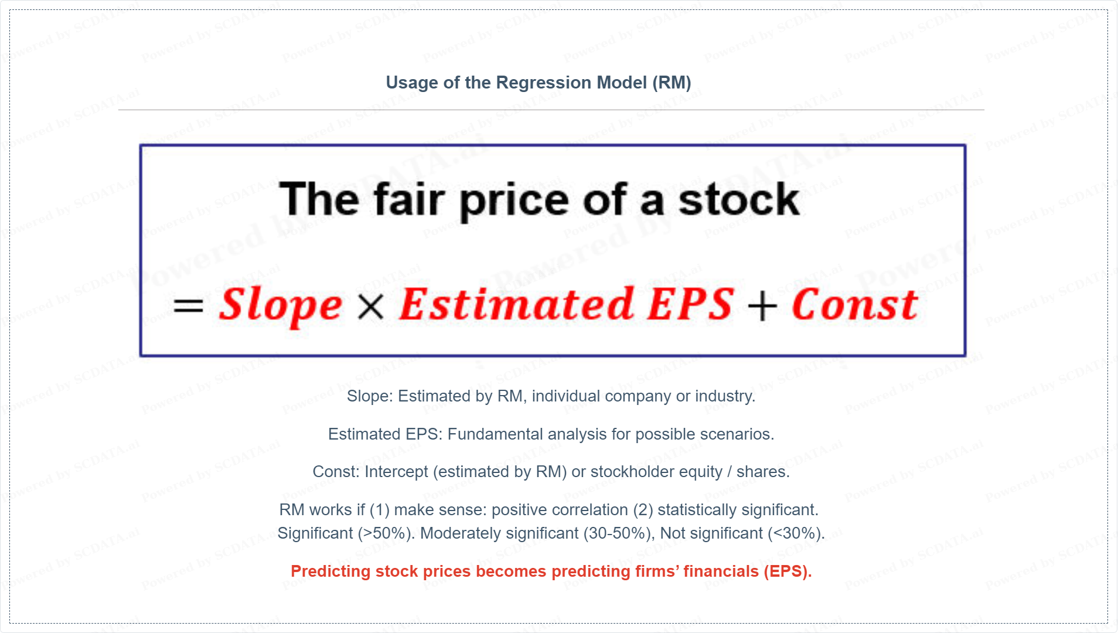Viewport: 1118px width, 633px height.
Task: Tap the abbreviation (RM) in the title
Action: (x=673, y=83)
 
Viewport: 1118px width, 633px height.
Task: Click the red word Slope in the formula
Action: (x=280, y=305)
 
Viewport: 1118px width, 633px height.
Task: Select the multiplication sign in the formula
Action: (x=370, y=307)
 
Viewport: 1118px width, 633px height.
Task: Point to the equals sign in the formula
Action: (x=188, y=305)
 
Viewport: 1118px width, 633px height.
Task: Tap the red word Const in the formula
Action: (x=855, y=304)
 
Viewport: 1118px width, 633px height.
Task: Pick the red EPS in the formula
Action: (x=690, y=304)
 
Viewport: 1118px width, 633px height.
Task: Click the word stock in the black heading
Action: (x=739, y=199)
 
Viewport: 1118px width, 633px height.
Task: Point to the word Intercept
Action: (x=396, y=472)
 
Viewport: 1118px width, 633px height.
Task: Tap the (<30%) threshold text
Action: (x=796, y=534)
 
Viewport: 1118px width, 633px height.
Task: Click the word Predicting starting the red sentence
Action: (x=330, y=572)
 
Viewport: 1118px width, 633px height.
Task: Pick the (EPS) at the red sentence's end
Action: (x=788, y=571)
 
